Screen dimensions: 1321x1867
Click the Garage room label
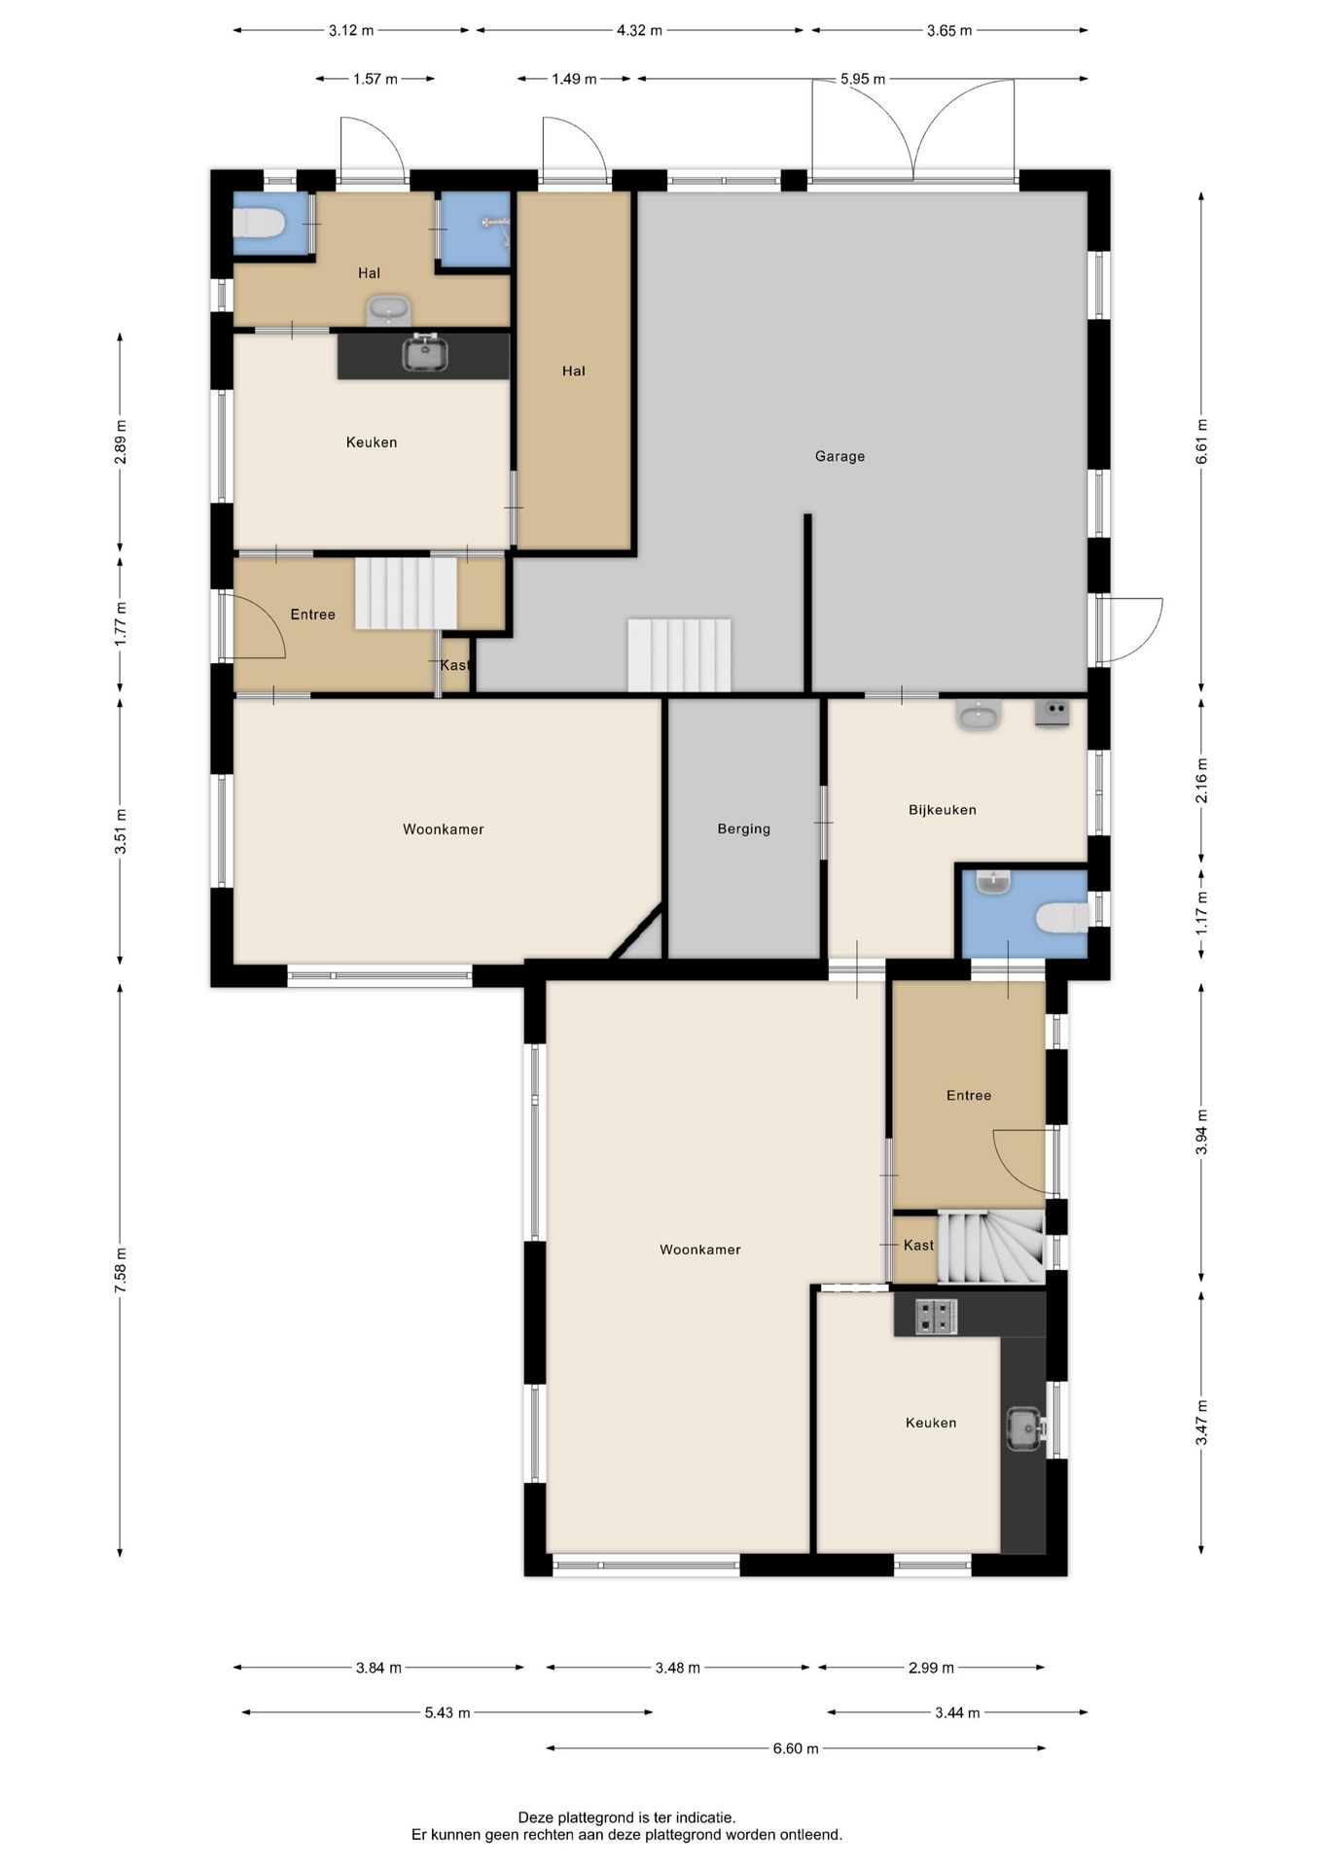click(839, 456)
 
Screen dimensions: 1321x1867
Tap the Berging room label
click(743, 828)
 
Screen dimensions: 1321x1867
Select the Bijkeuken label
click(942, 809)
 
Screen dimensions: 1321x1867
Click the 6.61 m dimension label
click(1201, 440)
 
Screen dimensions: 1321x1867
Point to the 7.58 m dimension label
click(120, 1270)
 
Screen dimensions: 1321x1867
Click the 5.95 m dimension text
click(863, 79)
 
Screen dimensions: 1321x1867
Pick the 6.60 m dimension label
click(796, 1748)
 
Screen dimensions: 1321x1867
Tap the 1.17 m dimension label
click(1201, 913)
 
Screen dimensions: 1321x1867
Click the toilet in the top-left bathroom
click(258, 224)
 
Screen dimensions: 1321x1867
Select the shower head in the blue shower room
click(495, 223)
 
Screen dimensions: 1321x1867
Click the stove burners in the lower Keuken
click(936, 1317)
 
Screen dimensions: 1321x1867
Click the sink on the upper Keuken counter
click(425, 352)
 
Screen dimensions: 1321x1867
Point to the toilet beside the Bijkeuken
click(1061, 917)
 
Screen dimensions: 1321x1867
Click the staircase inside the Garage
click(679, 655)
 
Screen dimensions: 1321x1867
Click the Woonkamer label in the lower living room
click(700, 1250)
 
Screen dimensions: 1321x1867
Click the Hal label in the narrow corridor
click(573, 370)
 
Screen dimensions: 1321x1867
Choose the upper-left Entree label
click(312, 615)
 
